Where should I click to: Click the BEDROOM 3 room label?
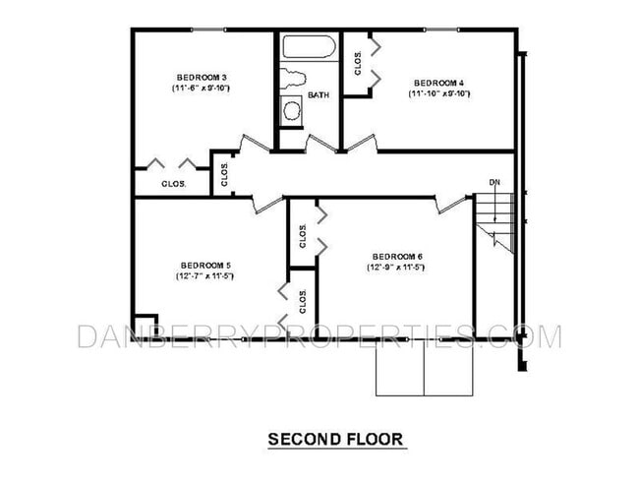(203, 78)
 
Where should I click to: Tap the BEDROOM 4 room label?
(438, 83)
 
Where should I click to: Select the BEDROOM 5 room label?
(205, 265)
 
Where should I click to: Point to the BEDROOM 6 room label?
(395, 256)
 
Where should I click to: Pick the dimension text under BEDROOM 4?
(439, 94)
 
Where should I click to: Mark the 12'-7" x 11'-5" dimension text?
(205, 276)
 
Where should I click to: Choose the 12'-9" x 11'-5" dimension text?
(395, 268)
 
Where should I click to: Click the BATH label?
(319, 95)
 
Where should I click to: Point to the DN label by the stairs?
(495, 182)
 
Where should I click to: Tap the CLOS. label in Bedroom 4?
(359, 62)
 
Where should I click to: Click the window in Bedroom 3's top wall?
(205, 30)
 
